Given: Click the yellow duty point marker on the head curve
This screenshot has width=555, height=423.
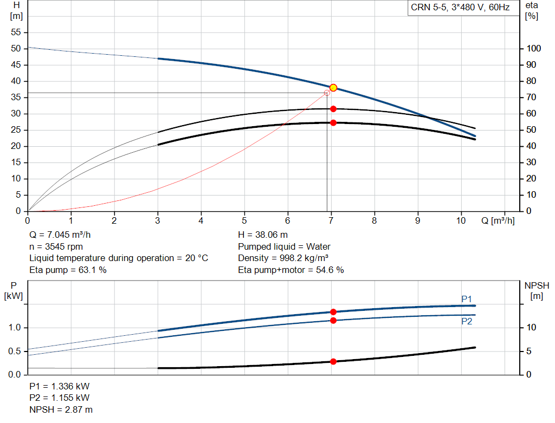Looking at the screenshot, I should click(333, 88).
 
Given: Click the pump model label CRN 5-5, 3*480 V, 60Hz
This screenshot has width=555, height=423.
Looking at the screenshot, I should click(460, 8).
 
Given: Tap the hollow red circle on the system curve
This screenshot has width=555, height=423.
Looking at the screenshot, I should click(327, 93).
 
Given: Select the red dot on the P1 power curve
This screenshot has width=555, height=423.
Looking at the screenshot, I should click(333, 312).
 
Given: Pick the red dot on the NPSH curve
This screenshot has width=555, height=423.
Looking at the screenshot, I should click(333, 361).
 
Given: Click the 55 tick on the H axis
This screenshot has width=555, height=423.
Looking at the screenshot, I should click(16, 32).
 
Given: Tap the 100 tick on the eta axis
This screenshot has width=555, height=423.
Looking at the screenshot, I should click(534, 49).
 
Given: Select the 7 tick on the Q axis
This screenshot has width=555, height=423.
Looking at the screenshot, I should click(331, 220).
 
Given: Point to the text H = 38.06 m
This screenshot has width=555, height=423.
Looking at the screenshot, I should click(263, 235).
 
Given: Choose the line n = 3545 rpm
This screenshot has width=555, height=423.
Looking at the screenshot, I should click(57, 246).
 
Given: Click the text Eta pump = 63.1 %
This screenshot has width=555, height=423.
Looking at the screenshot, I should click(68, 270).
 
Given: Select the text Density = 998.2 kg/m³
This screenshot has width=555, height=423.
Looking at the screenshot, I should click(283, 258).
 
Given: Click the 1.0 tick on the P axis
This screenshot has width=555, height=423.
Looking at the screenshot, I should click(15, 328).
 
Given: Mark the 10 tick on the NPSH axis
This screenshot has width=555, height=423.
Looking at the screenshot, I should click(532, 328).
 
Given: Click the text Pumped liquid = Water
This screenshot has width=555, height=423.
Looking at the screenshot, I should click(284, 246).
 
